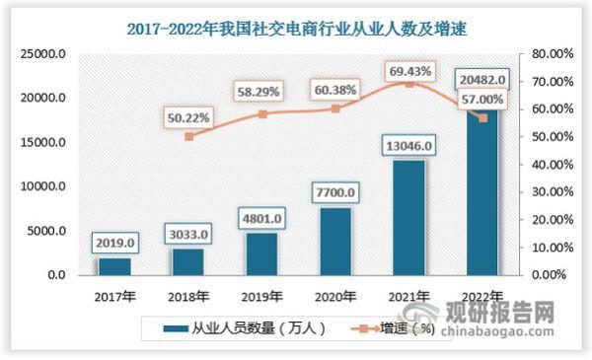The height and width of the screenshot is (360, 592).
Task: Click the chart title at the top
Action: click(296, 29)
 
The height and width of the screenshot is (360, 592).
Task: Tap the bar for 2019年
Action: click(261, 253)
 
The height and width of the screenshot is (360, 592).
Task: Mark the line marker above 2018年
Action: click(188, 136)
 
